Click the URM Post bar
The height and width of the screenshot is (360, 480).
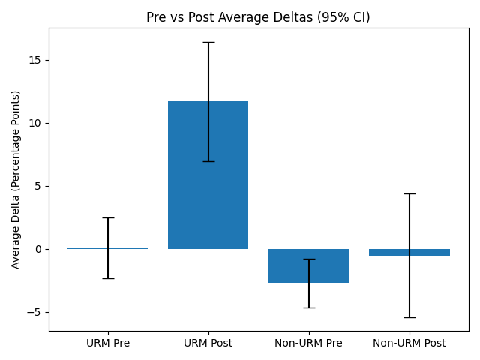click(x=208, y=175)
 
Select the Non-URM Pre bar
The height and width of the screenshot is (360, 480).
click(x=308, y=265)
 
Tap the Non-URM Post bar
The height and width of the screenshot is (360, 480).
click(x=409, y=252)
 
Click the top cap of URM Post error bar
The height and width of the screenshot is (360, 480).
click(x=208, y=42)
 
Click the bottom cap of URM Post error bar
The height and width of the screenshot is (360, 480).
click(x=208, y=161)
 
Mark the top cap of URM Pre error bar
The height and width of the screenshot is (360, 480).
click(x=107, y=217)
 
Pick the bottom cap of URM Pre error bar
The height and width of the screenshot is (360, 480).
click(x=107, y=278)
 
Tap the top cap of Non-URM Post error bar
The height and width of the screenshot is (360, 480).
click(x=409, y=193)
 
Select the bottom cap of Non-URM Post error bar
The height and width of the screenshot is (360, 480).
click(x=409, y=317)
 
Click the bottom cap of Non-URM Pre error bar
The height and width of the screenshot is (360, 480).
click(x=308, y=307)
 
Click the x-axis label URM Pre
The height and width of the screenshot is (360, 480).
click(x=107, y=343)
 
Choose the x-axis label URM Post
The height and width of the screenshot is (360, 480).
click(x=208, y=343)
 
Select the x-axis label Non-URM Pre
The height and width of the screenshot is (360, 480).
click(x=308, y=343)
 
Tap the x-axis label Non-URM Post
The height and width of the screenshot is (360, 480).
click(x=409, y=343)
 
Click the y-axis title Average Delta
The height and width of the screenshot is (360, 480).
click(x=16, y=179)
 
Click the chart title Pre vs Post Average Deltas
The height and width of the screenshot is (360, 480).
click(x=259, y=17)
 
